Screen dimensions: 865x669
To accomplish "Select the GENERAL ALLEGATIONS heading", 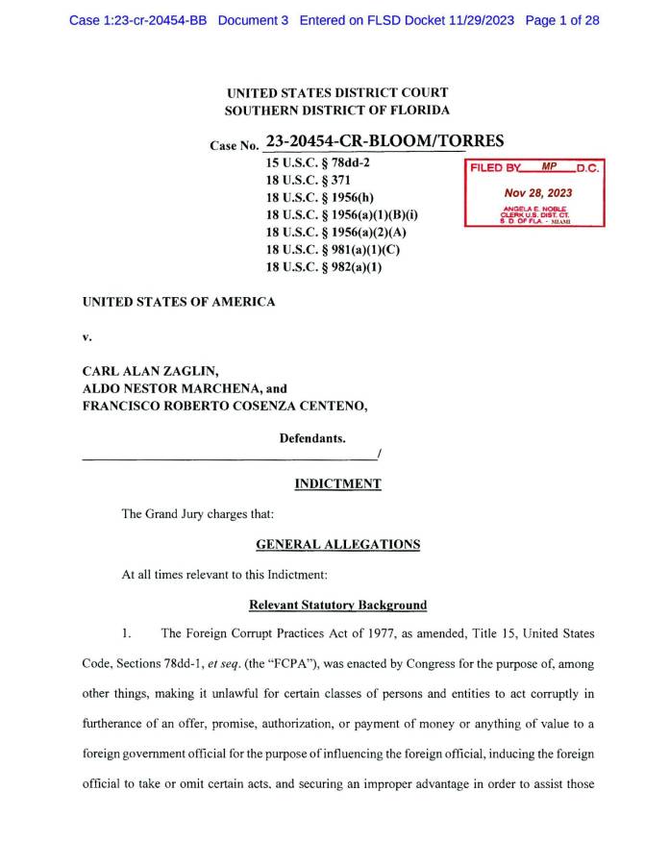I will pos(337,544).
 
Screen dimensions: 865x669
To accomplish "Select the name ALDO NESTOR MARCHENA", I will pos(171,389).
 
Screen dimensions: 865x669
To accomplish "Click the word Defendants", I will pos(312,438).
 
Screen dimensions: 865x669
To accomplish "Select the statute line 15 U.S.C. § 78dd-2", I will pos(318,162).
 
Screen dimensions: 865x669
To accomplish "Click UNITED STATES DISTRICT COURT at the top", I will pos(336,93).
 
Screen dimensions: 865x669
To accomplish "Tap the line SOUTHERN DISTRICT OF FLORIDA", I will pos(336,111).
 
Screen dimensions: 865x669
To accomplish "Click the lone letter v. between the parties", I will pos(87,337).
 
